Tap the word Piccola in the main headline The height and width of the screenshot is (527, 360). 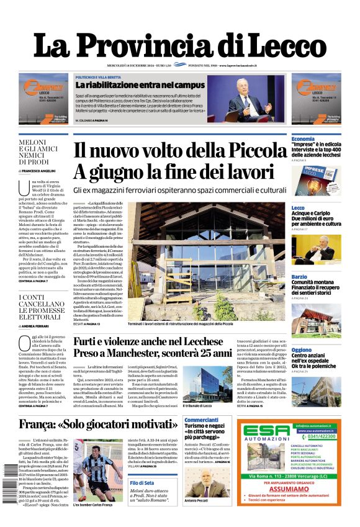(251, 151)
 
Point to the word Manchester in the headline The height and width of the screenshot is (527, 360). (146, 353)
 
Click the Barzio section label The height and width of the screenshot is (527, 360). (299, 276)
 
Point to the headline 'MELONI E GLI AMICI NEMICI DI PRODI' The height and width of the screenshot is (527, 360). (42, 152)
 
